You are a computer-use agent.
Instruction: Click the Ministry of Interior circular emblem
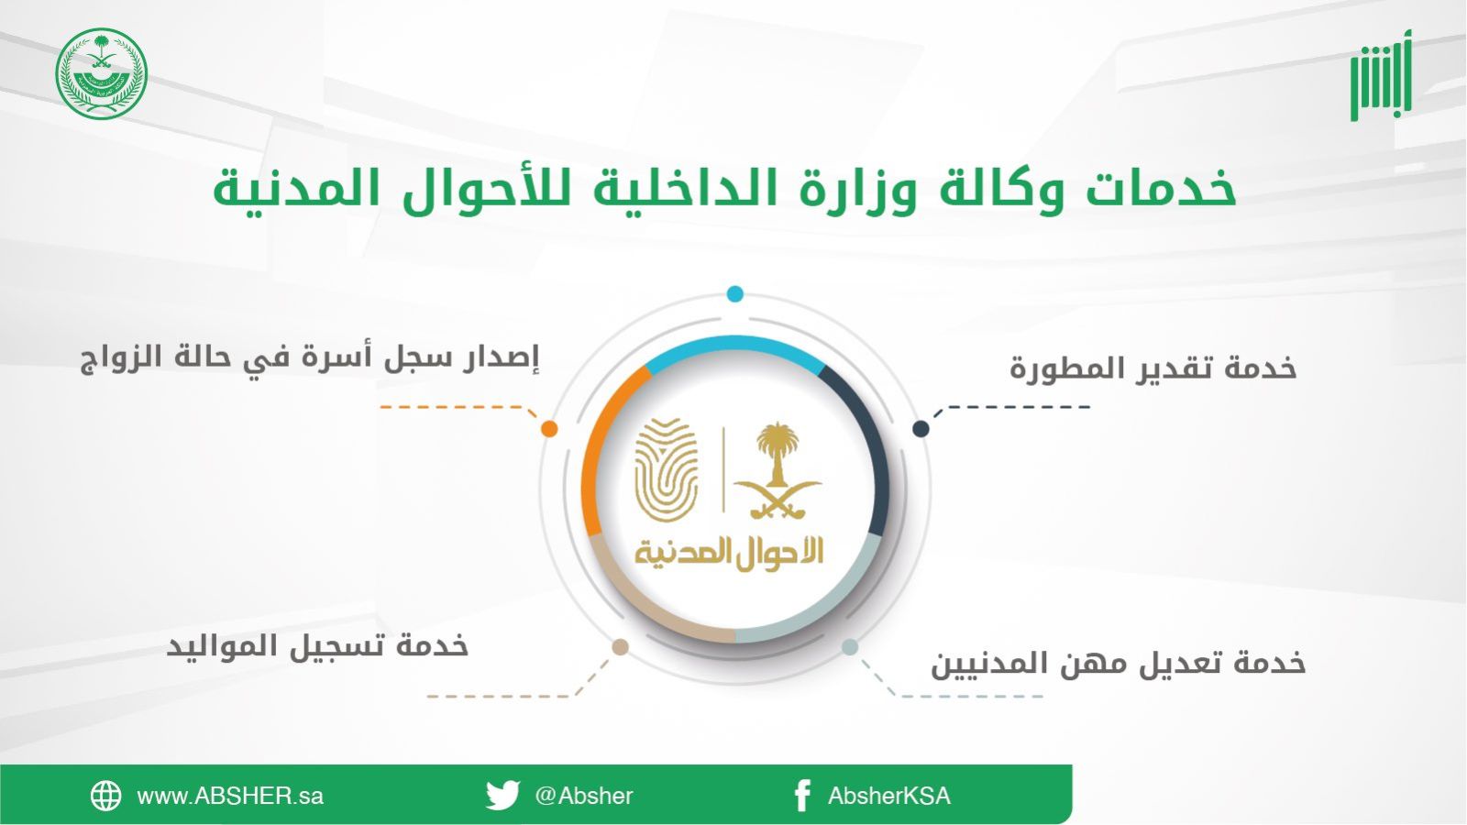coord(102,73)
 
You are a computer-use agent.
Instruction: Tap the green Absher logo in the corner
coord(1381,75)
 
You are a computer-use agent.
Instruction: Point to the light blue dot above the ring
coord(734,294)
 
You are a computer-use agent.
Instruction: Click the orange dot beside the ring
coord(549,429)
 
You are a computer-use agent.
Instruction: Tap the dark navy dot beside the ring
coord(921,429)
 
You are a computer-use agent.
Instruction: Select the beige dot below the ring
coord(620,647)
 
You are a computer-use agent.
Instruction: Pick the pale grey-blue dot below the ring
coord(850,647)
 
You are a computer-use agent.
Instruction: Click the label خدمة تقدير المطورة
coord(1153,368)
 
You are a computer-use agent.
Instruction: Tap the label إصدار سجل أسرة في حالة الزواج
coord(310,358)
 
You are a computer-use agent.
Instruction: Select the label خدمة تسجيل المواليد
coord(317,646)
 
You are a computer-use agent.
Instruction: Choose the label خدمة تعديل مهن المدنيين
coord(1119,664)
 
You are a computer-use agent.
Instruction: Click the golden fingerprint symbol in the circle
coord(667,470)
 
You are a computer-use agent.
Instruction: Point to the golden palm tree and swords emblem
coord(778,471)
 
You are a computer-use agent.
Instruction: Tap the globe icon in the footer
coord(106,796)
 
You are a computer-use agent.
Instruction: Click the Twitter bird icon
coord(503,795)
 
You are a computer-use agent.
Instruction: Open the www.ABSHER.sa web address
coord(230,797)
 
